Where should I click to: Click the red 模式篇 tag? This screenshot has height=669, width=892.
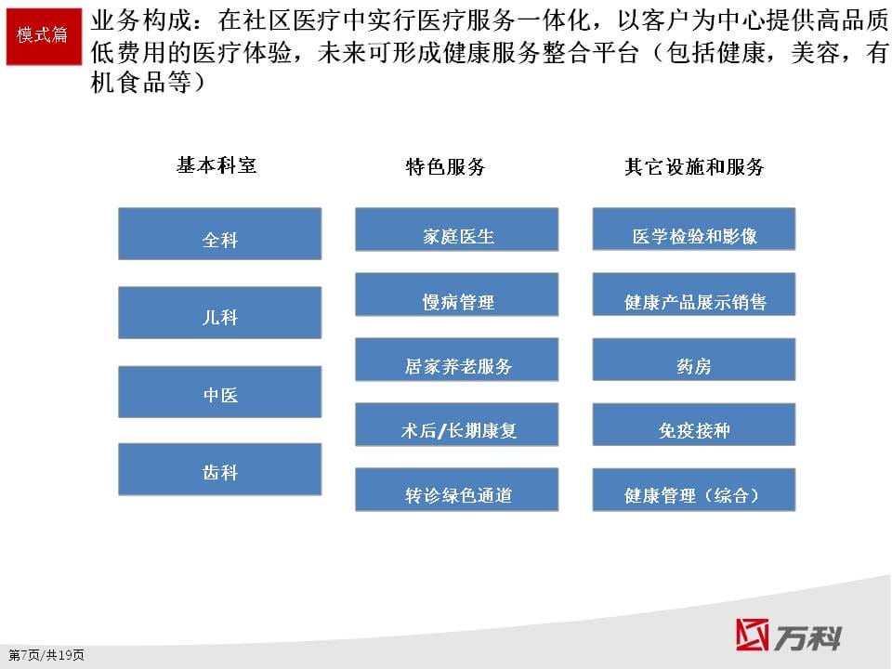tap(44, 36)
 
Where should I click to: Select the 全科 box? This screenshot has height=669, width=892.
tap(219, 234)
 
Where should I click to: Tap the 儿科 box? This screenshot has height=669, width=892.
tap(219, 312)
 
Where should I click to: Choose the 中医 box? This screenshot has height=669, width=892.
tap(219, 391)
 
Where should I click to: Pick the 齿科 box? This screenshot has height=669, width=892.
tap(219, 468)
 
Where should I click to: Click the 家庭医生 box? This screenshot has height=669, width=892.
tap(457, 230)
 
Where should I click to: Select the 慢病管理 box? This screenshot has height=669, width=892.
tap(457, 295)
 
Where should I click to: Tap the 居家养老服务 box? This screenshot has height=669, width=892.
tap(457, 360)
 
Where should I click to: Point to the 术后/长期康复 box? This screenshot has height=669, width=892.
tap(457, 425)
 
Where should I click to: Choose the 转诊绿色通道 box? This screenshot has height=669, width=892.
tap(457, 490)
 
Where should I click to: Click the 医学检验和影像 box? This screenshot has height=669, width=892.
tap(694, 230)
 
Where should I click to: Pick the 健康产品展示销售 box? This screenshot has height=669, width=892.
tap(694, 295)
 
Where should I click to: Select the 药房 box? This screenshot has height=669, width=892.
tap(694, 360)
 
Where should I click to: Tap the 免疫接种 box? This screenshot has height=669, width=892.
tap(694, 425)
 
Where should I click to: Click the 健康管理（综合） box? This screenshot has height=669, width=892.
tap(694, 490)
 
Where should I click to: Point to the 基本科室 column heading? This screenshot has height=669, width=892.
tap(216, 165)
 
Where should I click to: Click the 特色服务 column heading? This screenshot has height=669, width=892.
tap(445, 166)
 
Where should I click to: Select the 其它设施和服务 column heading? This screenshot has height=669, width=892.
tap(694, 166)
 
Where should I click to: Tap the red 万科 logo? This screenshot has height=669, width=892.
tap(789, 635)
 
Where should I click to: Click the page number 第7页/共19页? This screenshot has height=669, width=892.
tap(46, 655)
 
